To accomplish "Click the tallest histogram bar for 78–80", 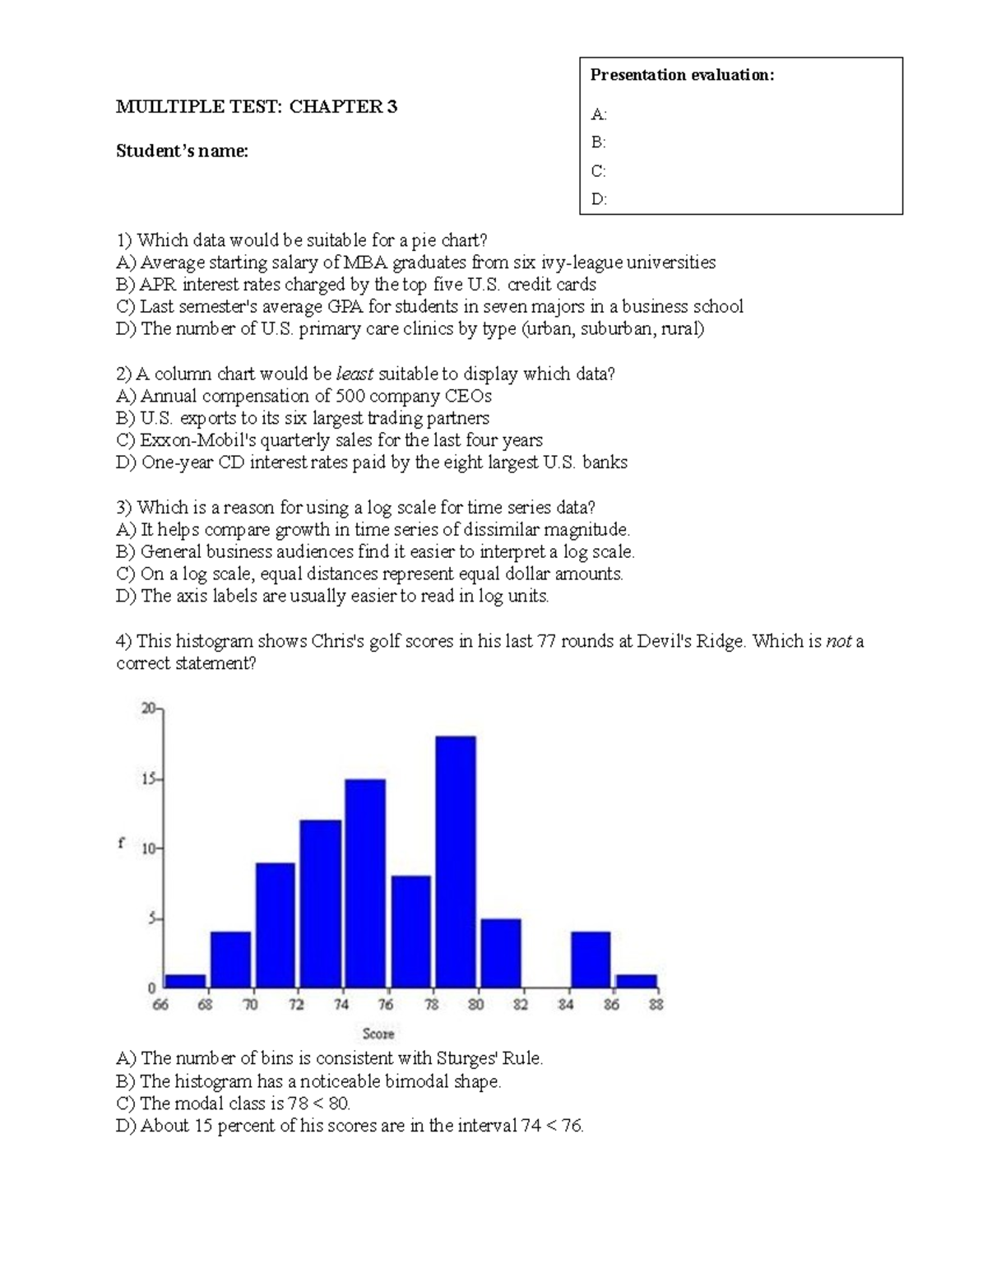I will (456, 861).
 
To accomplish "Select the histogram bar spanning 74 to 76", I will (365, 882).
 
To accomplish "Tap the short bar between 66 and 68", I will (185, 980).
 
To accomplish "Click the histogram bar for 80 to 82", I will (501, 952).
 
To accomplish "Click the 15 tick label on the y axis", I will (149, 778).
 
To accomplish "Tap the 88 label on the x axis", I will (656, 1004).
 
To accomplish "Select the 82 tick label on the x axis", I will (521, 1004).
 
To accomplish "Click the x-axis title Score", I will (378, 1034).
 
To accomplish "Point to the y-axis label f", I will (121, 843).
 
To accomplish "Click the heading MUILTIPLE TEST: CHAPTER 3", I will (257, 106).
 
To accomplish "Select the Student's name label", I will (182, 151).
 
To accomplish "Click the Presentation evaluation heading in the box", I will (682, 75).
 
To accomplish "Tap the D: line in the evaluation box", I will (599, 199).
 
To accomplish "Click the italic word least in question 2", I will (355, 374).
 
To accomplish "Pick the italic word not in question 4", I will (838, 641).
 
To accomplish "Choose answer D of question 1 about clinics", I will (410, 329).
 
